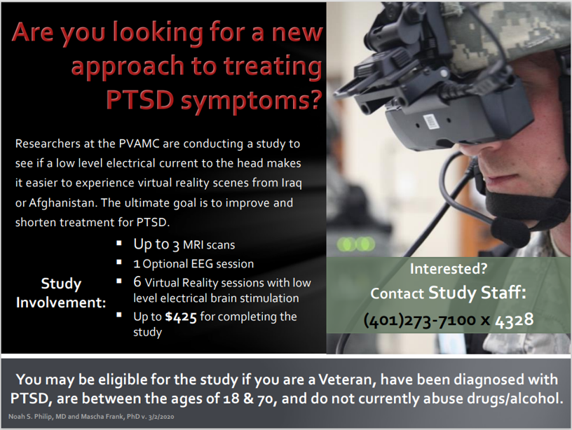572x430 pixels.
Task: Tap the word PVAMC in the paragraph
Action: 139,144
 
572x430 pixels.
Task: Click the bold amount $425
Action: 181,317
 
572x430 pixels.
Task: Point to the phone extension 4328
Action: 514,320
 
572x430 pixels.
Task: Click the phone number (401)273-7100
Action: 420,320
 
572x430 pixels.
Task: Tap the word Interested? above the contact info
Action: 449,268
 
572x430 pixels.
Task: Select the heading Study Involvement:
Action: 61,293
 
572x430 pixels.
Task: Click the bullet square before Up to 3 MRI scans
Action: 119,243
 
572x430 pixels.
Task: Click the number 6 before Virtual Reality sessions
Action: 137,282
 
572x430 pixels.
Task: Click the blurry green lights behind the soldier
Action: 356,244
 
